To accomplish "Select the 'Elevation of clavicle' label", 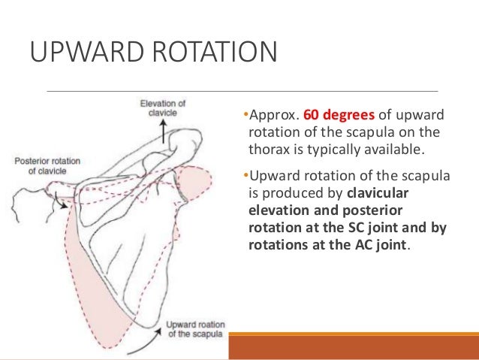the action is click(x=164, y=109).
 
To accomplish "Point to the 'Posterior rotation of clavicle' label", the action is click(x=47, y=165).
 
